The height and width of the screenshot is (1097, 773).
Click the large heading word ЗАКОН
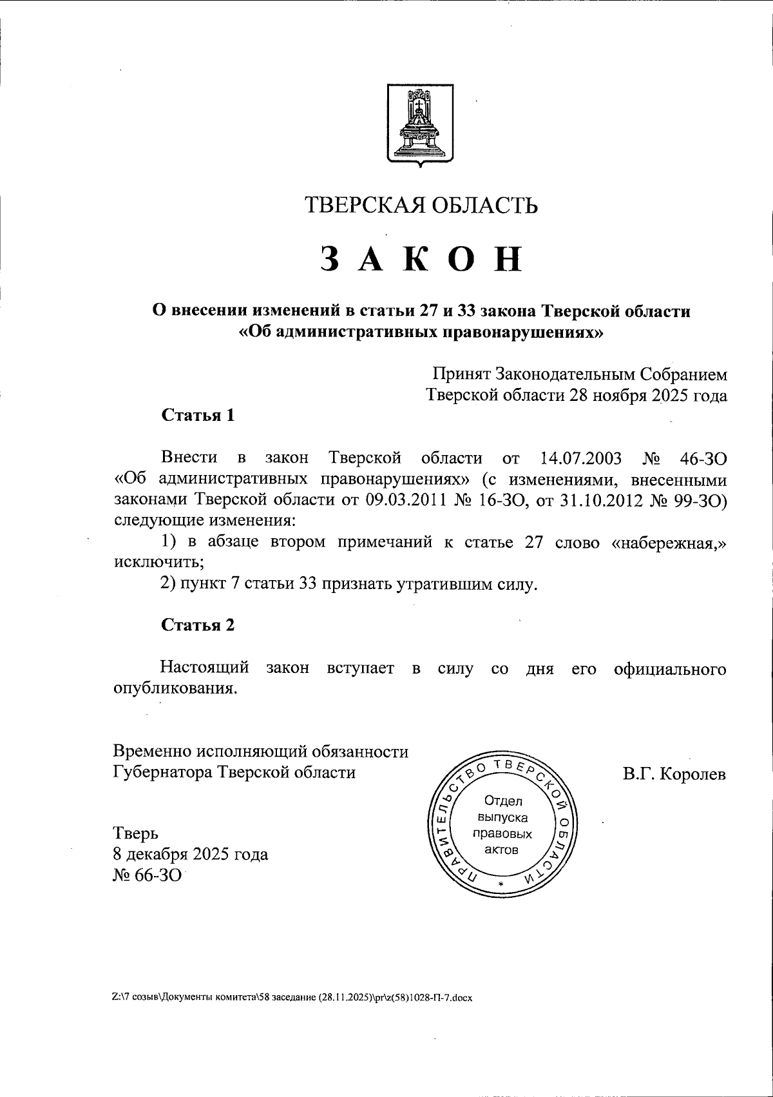click(421, 259)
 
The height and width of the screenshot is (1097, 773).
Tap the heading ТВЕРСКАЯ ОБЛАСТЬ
click(421, 206)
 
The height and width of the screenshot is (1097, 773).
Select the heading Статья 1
click(197, 415)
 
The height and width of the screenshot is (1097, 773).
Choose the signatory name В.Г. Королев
click(674, 773)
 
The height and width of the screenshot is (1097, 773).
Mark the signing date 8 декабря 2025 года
click(191, 855)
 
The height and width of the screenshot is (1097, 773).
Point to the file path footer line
click(292, 998)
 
